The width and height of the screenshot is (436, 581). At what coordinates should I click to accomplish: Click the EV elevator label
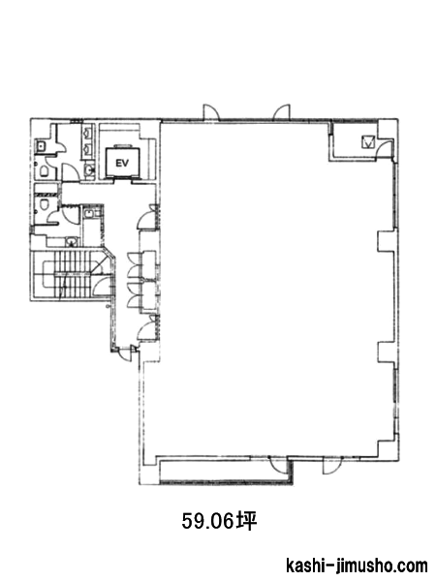pyautogui.click(x=122, y=163)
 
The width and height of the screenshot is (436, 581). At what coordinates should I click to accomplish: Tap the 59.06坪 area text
pyautogui.click(x=219, y=521)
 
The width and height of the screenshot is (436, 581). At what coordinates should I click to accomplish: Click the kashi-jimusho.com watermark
pyautogui.click(x=357, y=566)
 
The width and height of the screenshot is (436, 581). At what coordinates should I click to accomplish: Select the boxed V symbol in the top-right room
pyautogui.click(x=368, y=142)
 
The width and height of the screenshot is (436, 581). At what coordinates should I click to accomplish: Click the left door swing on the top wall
pyautogui.click(x=211, y=112)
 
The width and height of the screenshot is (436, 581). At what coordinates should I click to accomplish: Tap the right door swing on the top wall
pyautogui.click(x=282, y=112)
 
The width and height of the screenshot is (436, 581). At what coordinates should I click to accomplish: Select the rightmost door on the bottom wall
pyautogui.click(x=331, y=466)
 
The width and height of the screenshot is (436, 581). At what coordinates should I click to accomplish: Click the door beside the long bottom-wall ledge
pyautogui.click(x=279, y=465)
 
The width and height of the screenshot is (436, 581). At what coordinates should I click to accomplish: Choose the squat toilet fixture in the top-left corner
pyautogui.click(x=41, y=146)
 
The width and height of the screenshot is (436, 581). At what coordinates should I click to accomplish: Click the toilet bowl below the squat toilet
pyautogui.click(x=44, y=171)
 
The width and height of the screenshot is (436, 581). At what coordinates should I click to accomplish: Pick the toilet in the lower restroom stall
pyautogui.click(x=45, y=204)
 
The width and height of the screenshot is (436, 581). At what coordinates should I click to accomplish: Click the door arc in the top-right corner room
pyautogui.click(x=386, y=148)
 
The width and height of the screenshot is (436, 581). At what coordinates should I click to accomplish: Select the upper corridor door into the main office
pyautogui.click(x=147, y=217)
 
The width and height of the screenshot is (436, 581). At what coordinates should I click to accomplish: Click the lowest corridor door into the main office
pyautogui.click(x=146, y=327)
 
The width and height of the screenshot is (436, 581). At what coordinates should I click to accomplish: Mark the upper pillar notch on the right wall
pyautogui.click(x=387, y=241)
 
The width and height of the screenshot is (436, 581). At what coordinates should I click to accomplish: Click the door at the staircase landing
pyautogui.click(x=102, y=286)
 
